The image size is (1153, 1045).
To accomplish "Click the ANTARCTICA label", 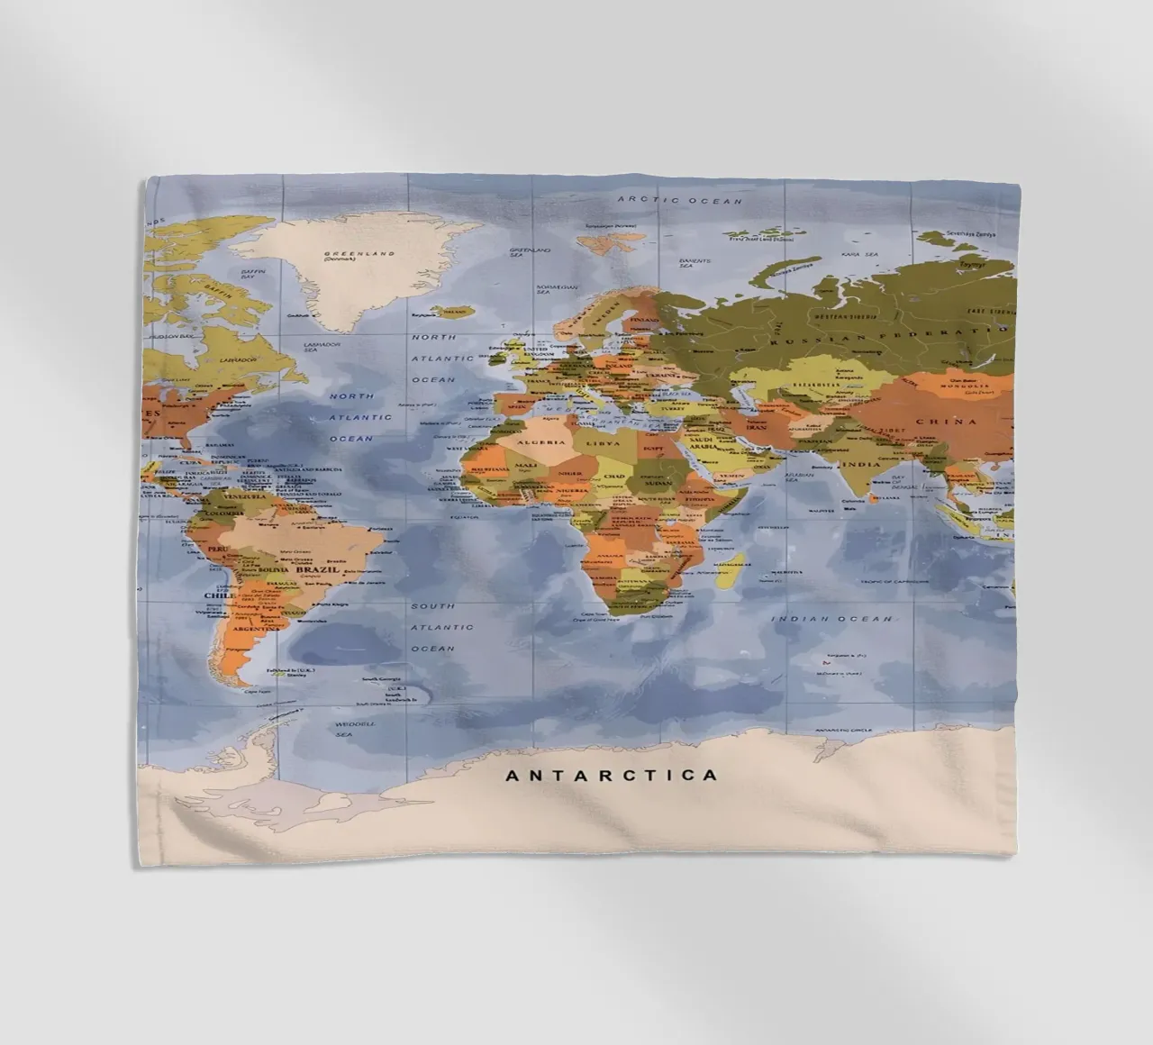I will click(x=612, y=775).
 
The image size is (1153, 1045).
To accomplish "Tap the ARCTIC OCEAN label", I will click(x=679, y=200).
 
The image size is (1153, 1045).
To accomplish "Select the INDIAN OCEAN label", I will click(x=832, y=619).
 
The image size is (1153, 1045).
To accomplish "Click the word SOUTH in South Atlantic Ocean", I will click(x=433, y=606).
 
